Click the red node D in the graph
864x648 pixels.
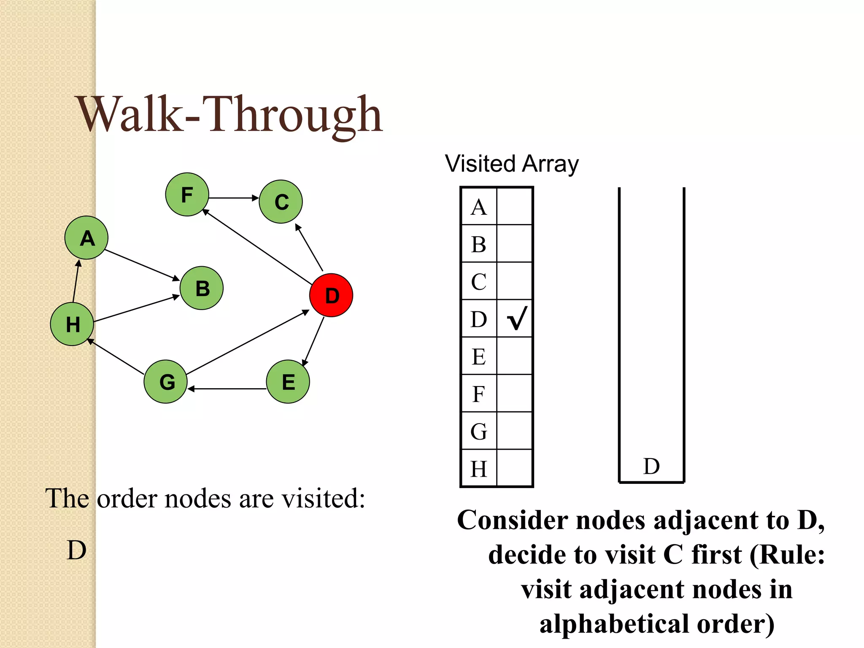331,295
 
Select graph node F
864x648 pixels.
187,194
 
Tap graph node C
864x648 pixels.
281,202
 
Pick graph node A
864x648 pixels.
86,238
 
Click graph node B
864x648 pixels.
202,288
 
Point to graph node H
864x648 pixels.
72,324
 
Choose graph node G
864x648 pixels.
166,381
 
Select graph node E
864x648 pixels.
288,381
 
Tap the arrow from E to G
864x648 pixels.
227,389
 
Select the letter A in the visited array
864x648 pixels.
479,207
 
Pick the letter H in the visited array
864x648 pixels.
479,469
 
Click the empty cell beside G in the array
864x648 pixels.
515,431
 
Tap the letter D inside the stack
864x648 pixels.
651,466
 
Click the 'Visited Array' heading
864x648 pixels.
512,164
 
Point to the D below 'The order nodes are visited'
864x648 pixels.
77,550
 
